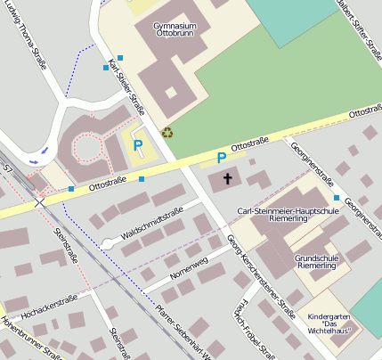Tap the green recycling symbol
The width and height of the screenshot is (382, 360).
(167, 133)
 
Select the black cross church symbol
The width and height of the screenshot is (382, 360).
(227, 179)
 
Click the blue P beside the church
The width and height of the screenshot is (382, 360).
(222, 158)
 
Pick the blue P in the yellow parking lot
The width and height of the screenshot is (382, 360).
(137, 144)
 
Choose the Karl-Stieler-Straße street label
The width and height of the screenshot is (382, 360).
(126, 87)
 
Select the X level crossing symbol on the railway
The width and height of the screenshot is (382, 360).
(39, 202)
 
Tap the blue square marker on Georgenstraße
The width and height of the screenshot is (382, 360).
(337, 197)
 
